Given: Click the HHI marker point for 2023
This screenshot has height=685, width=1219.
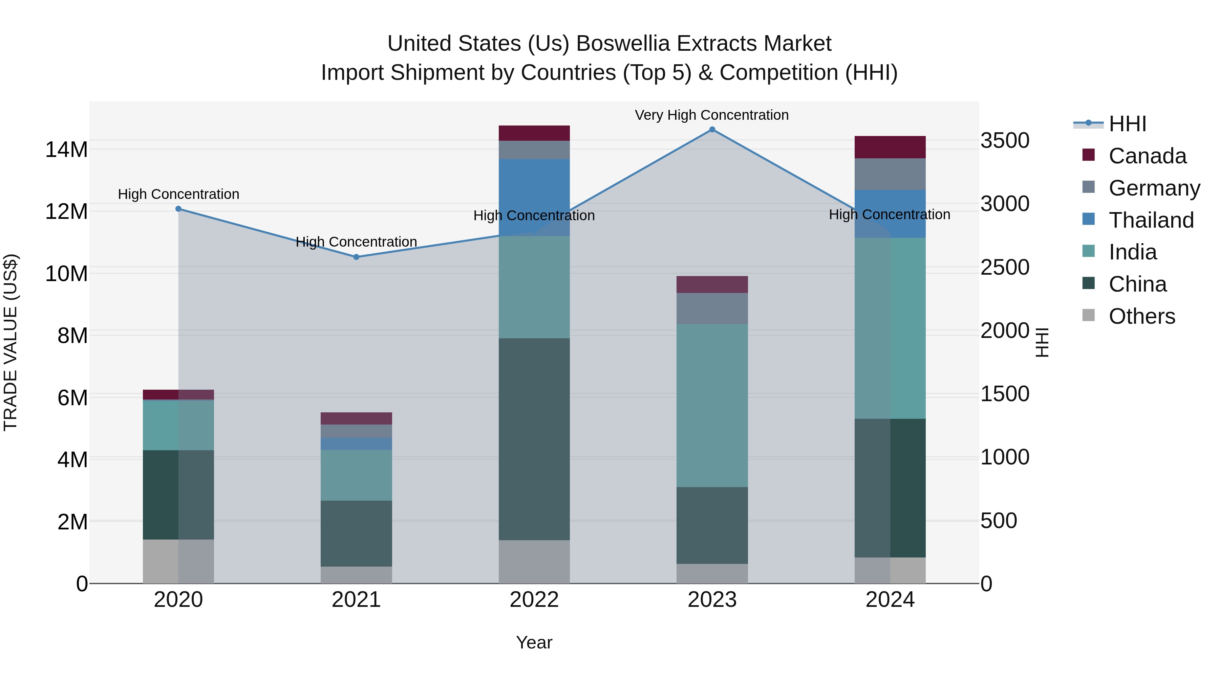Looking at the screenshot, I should (x=712, y=130).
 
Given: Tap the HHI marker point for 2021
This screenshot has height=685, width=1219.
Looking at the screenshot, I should (x=356, y=257).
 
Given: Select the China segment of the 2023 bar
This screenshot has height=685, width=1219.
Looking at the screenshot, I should (x=712, y=525).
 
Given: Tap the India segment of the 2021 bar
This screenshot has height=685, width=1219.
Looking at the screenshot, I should (x=356, y=475).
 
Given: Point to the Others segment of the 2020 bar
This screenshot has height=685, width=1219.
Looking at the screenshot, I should (x=178, y=561).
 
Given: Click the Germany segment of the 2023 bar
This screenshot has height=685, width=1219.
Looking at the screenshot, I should (x=712, y=309).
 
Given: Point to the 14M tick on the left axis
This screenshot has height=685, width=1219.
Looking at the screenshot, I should (x=66, y=150).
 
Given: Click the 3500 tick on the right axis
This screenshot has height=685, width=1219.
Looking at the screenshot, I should (x=1004, y=141).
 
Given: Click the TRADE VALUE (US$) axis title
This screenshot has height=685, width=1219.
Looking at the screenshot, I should (x=10, y=342).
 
